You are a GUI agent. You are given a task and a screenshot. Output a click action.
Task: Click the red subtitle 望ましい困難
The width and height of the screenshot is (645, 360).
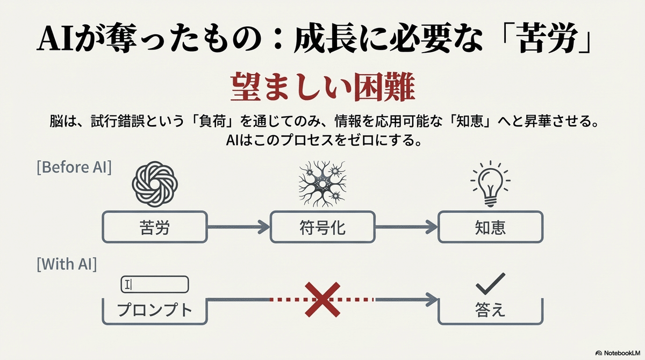322,89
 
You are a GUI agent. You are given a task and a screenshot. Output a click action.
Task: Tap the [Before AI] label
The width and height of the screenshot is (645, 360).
74,167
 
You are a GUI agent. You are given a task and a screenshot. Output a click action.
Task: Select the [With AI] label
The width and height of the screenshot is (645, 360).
67,264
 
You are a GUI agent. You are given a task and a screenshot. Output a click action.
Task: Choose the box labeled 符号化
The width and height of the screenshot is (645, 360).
322,227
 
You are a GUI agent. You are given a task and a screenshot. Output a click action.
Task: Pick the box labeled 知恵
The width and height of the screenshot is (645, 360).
490,227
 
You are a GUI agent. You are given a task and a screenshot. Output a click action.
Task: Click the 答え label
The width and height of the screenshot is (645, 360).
490,311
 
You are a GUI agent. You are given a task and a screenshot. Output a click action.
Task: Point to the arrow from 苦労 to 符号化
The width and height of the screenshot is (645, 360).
236,227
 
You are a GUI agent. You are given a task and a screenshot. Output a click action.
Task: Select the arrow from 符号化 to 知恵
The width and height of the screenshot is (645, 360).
406,227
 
